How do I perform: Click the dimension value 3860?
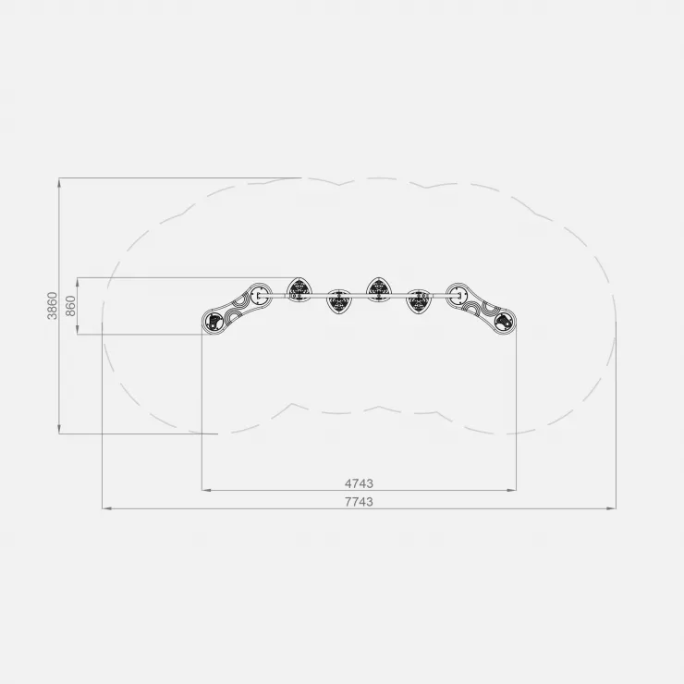tap(52, 305)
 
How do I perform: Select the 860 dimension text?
tap(70, 306)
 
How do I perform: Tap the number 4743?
tap(359, 483)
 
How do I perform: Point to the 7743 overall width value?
tap(359, 502)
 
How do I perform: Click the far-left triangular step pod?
tap(299, 289)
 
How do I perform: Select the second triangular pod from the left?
tap(338, 301)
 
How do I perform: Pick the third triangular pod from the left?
tap(379, 289)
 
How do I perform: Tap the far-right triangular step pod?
tap(419, 301)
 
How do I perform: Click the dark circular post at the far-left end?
tap(214, 323)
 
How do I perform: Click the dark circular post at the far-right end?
tap(504, 323)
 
